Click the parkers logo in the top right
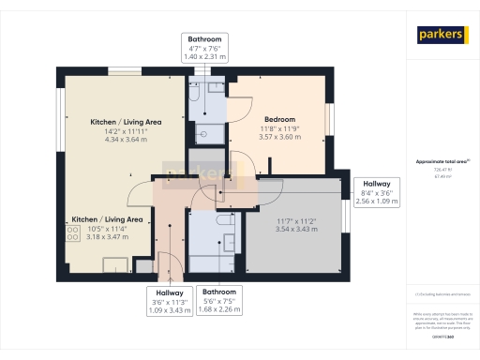[x=442, y=35]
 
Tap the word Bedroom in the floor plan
[x=279, y=119]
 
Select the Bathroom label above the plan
[x=203, y=39]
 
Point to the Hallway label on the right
[x=376, y=184]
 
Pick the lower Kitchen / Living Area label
[x=107, y=218]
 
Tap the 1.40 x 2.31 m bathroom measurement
[x=203, y=57]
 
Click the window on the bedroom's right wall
[x=328, y=120]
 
